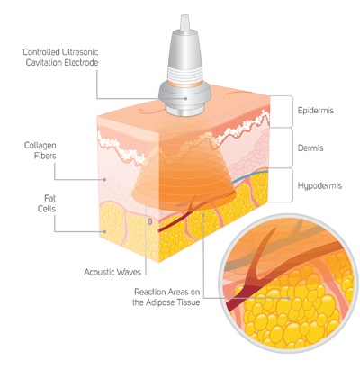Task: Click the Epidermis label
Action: [315, 111]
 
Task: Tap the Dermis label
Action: [310, 148]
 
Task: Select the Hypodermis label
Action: [319, 185]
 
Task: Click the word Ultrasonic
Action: [79, 52]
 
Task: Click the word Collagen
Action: [40, 146]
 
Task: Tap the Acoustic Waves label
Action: [112, 272]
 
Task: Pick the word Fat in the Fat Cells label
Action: [50, 198]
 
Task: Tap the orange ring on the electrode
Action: [185, 84]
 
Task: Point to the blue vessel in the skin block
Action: [247, 175]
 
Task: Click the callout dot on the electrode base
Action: [186, 98]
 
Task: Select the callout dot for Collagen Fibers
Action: [104, 179]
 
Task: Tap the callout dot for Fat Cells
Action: [104, 231]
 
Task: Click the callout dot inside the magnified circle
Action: [288, 298]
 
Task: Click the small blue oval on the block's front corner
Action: [150, 221]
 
